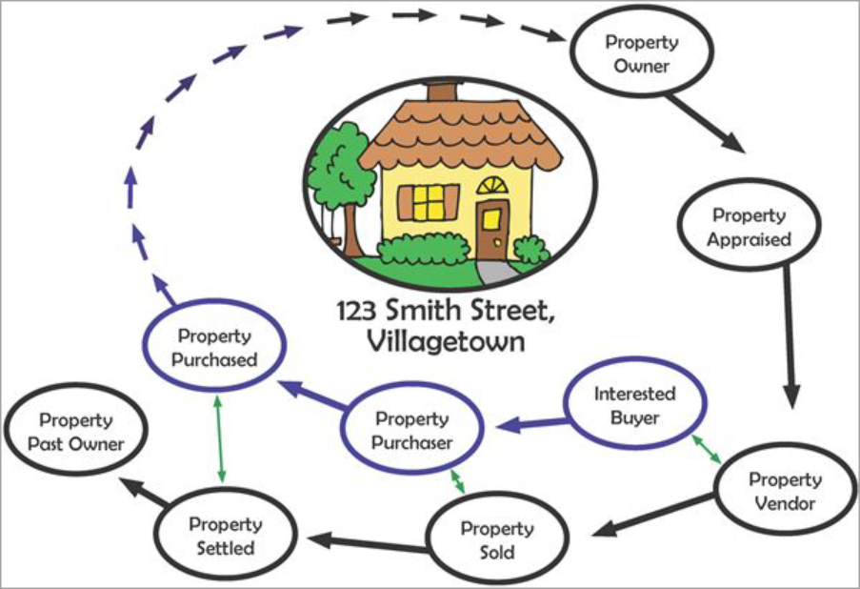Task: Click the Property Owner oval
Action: click(x=641, y=53)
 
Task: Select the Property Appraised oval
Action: click(x=749, y=226)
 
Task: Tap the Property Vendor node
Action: click(x=786, y=490)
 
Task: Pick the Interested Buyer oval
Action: click(x=634, y=404)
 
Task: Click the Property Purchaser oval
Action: click(x=411, y=430)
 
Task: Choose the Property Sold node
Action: click(x=497, y=539)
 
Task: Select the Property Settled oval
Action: click(x=226, y=536)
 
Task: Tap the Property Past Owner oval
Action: click(x=76, y=431)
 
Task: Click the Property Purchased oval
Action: click(x=214, y=347)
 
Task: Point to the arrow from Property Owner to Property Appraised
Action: click(x=706, y=125)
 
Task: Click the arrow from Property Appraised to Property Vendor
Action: click(x=790, y=337)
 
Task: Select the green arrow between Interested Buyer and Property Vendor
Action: click(x=706, y=449)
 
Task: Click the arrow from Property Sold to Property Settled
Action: click(x=368, y=543)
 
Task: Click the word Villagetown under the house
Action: click(x=446, y=341)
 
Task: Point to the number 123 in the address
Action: click(x=356, y=312)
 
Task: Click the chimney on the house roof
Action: click(x=442, y=91)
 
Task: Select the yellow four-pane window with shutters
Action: click(x=429, y=203)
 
